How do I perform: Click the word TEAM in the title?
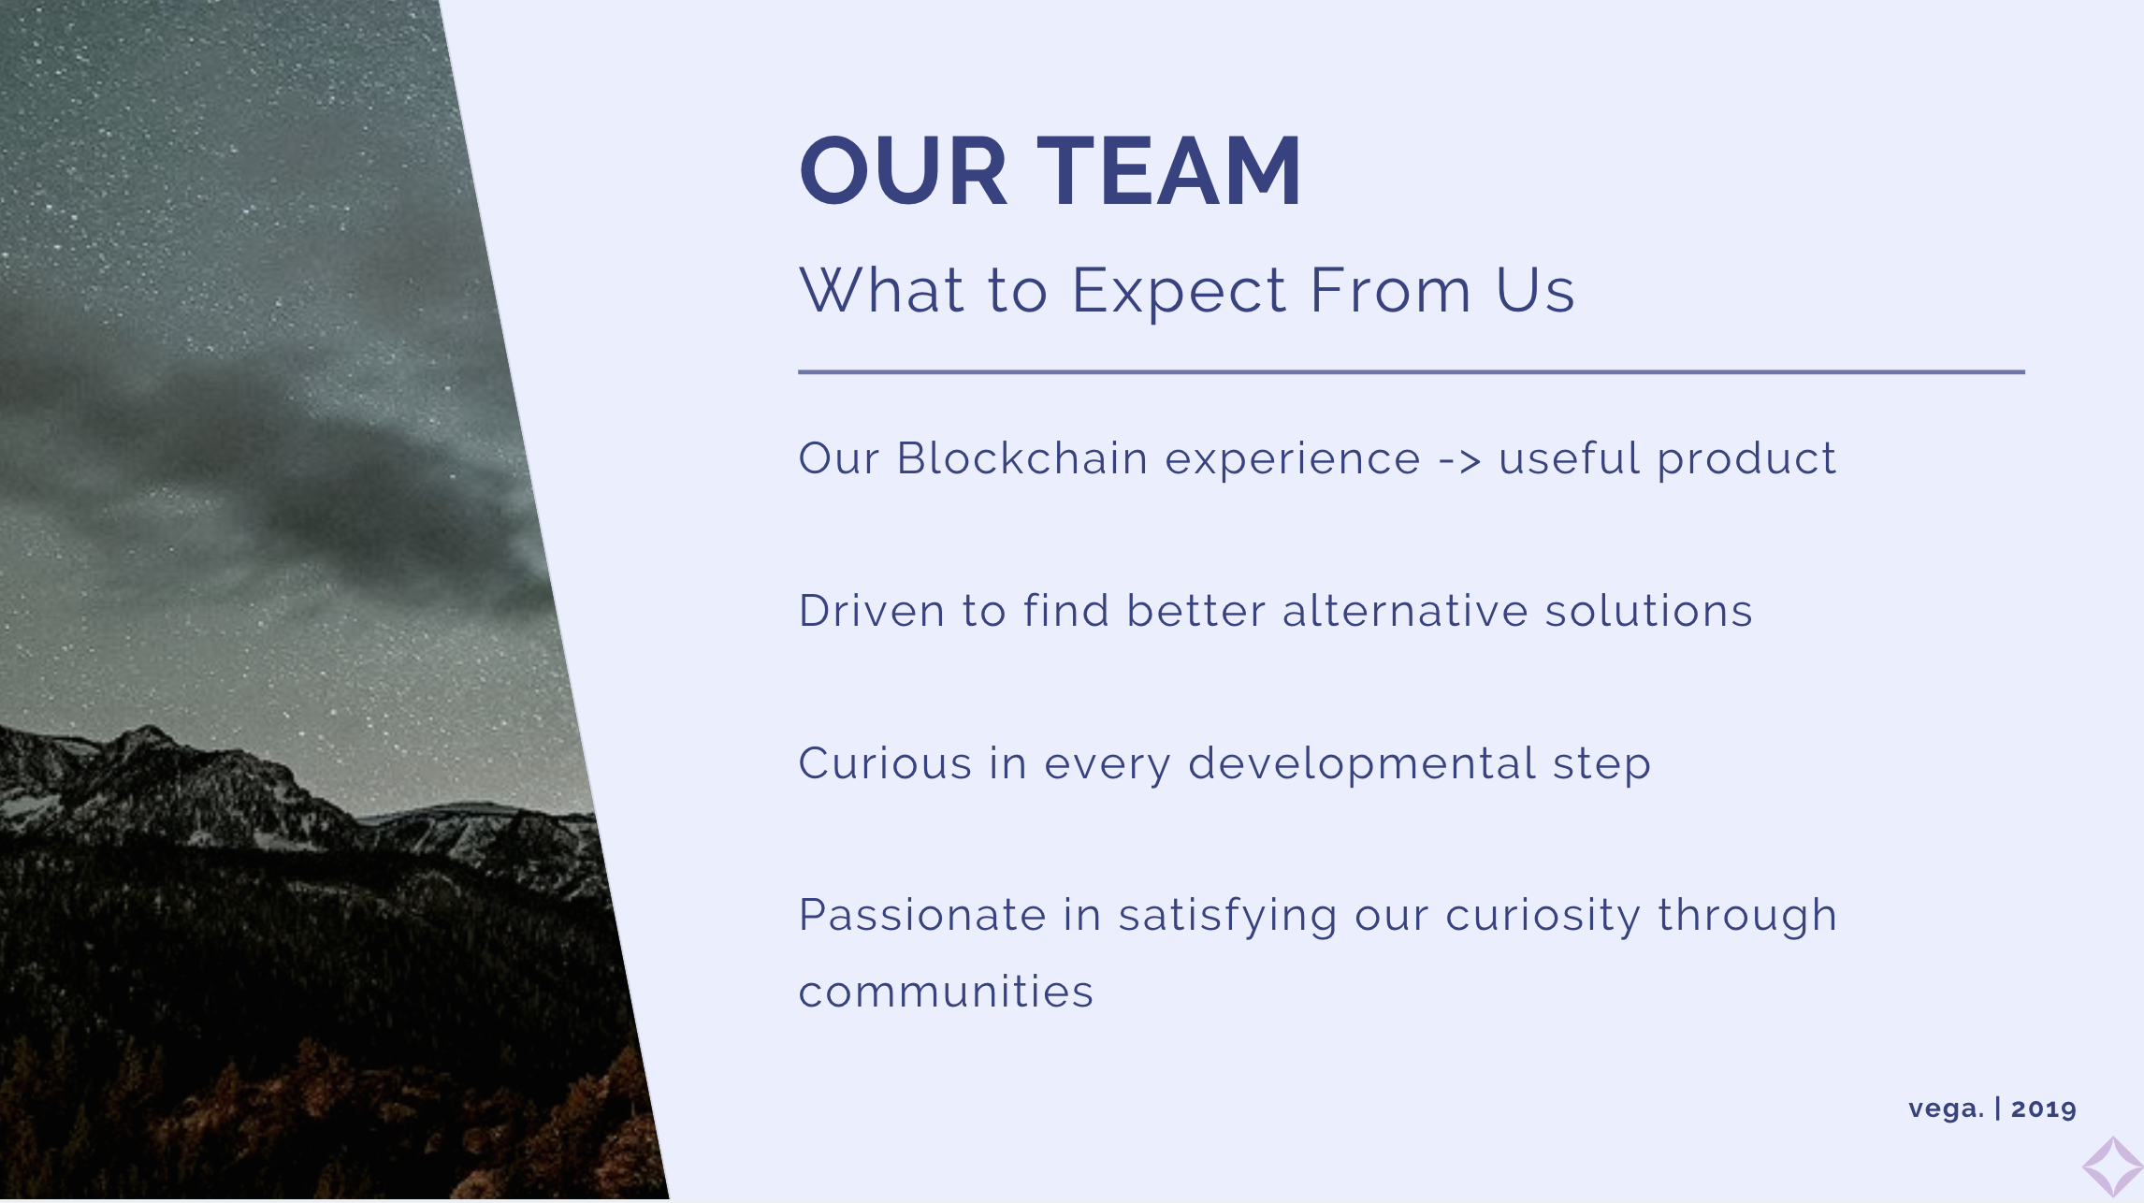pos(1169,171)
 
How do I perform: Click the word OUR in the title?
pos(903,171)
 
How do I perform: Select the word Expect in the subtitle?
pos(1179,292)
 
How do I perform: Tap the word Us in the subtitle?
pos(1536,290)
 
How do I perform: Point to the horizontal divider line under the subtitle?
pos(1412,372)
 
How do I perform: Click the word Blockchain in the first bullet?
pos(1022,458)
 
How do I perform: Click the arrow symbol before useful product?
pos(1460,461)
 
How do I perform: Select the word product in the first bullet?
pos(1746,460)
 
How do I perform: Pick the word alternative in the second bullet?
pos(1404,611)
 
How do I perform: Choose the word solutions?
pos(1648,611)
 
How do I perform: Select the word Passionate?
pos(922,915)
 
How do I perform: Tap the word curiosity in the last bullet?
pos(1543,917)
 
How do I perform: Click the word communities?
pos(946,992)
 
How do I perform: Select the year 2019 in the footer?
pos(2044,1109)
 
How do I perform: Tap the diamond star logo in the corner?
pos(2112,1167)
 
